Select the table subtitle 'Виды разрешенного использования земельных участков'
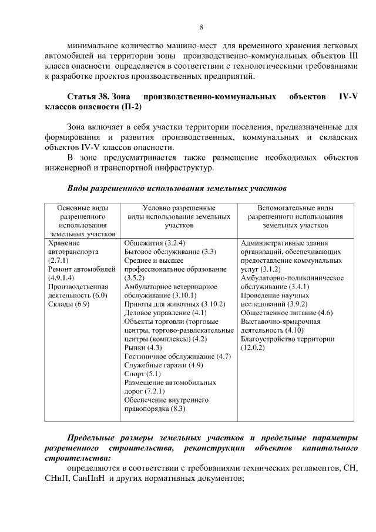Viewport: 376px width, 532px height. [176, 190]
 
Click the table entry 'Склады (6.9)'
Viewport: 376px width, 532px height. [69, 304]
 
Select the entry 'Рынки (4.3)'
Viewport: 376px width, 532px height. [143, 348]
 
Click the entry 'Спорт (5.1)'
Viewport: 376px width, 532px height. [143, 374]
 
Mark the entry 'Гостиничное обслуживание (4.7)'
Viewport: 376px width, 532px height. [178, 357]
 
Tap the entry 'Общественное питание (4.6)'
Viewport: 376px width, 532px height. [287, 313]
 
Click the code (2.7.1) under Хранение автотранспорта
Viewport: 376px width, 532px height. [59, 260]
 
